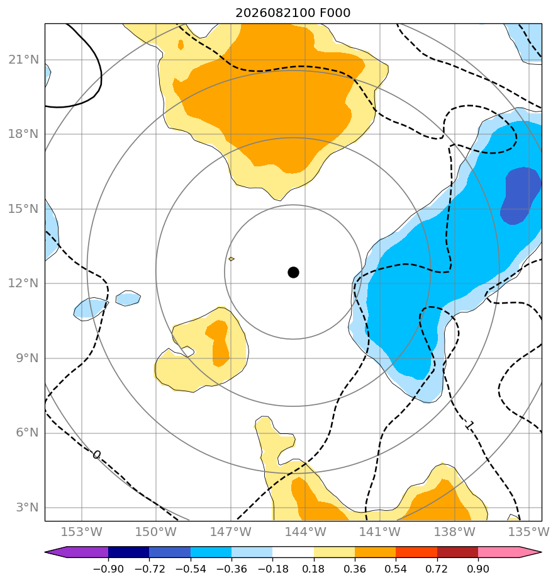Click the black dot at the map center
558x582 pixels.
point(293,273)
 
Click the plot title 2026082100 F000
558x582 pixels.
point(293,13)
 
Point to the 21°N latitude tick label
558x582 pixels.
point(23,59)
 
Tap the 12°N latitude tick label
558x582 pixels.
point(23,283)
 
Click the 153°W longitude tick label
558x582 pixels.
point(82,532)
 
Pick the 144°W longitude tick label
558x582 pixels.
point(306,532)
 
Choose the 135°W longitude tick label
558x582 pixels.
point(528,532)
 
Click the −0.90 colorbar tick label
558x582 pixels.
point(108,569)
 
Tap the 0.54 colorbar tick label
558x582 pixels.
point(396,569)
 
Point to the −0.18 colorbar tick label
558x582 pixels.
point(273,569)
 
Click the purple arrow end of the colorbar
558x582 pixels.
point(76,552)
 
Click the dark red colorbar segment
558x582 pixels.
point(457,552)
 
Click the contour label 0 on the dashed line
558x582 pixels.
point(96,455)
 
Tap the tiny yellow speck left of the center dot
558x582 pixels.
point(232,259)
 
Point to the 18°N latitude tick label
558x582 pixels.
point(23,134)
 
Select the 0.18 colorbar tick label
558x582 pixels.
point(314,569)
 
